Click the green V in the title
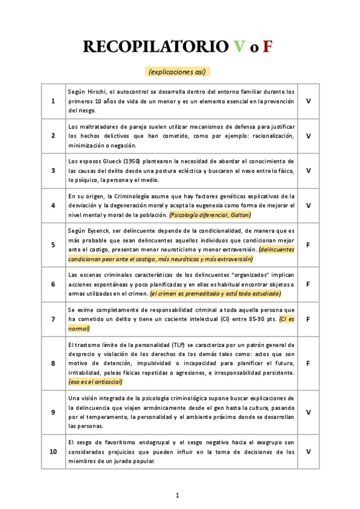[239, 47]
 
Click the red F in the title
[268, 47]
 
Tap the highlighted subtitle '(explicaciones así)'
[178, 71]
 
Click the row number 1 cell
[53, 100]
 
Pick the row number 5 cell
[53, 245]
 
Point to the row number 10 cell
[53, 451]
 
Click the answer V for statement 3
[308, 170]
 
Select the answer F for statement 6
[308, 284]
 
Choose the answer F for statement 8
[308, 363]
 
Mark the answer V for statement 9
[308, 412]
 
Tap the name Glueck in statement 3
[109, 161]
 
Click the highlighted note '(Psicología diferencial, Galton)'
[210, 215]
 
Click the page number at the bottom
[178, 495]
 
